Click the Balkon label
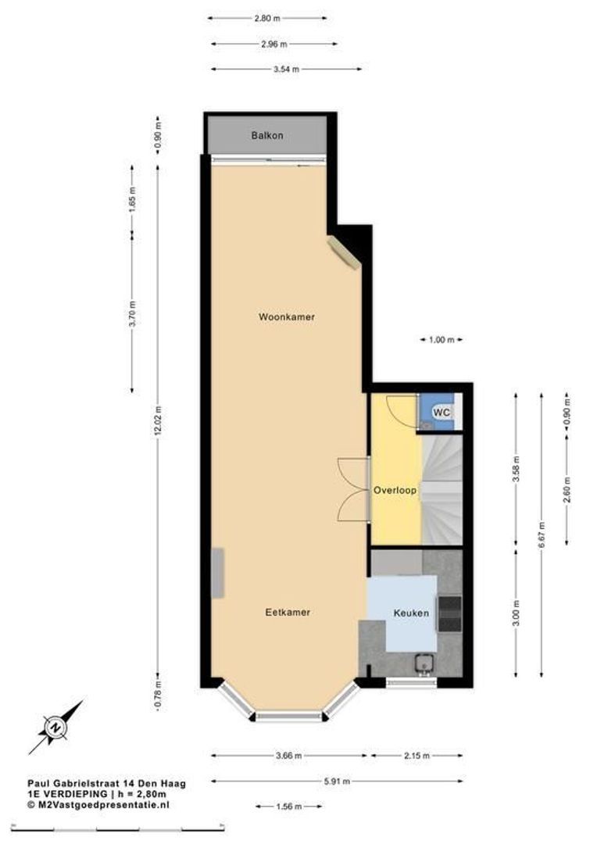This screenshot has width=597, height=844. [x=267, y=135]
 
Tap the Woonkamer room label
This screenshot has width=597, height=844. [x=287, y=316]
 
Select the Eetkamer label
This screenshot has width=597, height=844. [x=288, y=612]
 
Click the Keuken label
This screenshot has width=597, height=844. [x=411, y=613]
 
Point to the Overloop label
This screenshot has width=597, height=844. [x=395, y=491]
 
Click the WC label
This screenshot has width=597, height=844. [x=441, y=412]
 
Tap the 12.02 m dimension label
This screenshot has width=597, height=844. [x=158, y=423]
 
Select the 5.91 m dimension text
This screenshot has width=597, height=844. [x=338, y=781]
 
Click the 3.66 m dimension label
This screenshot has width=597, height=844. [x=288, y=756]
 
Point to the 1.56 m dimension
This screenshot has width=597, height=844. [x=289, y=806]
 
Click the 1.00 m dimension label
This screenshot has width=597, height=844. [x=441, y=339]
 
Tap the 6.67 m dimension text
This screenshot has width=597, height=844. [x=542, y=535]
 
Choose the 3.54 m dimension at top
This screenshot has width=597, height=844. [x=287, y=69]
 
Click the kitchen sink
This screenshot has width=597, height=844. [x=425, y=663]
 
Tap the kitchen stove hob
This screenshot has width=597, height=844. [x=450, y=613]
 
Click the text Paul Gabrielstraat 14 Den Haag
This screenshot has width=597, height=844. [x=106, y=781]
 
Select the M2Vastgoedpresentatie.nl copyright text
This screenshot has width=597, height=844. [x=98, y=803]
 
